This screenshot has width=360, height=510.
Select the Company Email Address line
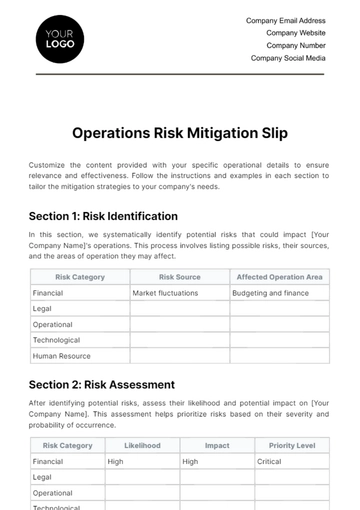tap(285, 20)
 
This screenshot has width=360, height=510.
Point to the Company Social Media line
tap(288, 58)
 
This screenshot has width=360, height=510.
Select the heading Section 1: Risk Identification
tap(104, 215)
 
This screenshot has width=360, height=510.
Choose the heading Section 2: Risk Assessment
tap(102, 384)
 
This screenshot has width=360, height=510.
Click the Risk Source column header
tap(180, 277)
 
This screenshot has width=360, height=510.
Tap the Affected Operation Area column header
tap(279, 277)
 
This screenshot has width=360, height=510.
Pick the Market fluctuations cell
tap(165, 293)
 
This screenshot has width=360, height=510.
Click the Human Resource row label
tap(62, 355)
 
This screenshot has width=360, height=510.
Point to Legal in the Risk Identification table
tap(42, 309)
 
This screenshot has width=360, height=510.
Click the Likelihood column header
tap(142, 446)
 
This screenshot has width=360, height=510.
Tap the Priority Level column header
tap(292, 446)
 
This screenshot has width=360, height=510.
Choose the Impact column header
tap(217, 446)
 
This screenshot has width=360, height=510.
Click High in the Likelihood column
tap(116, 462)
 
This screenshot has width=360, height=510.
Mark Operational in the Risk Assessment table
tap(52, 493)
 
